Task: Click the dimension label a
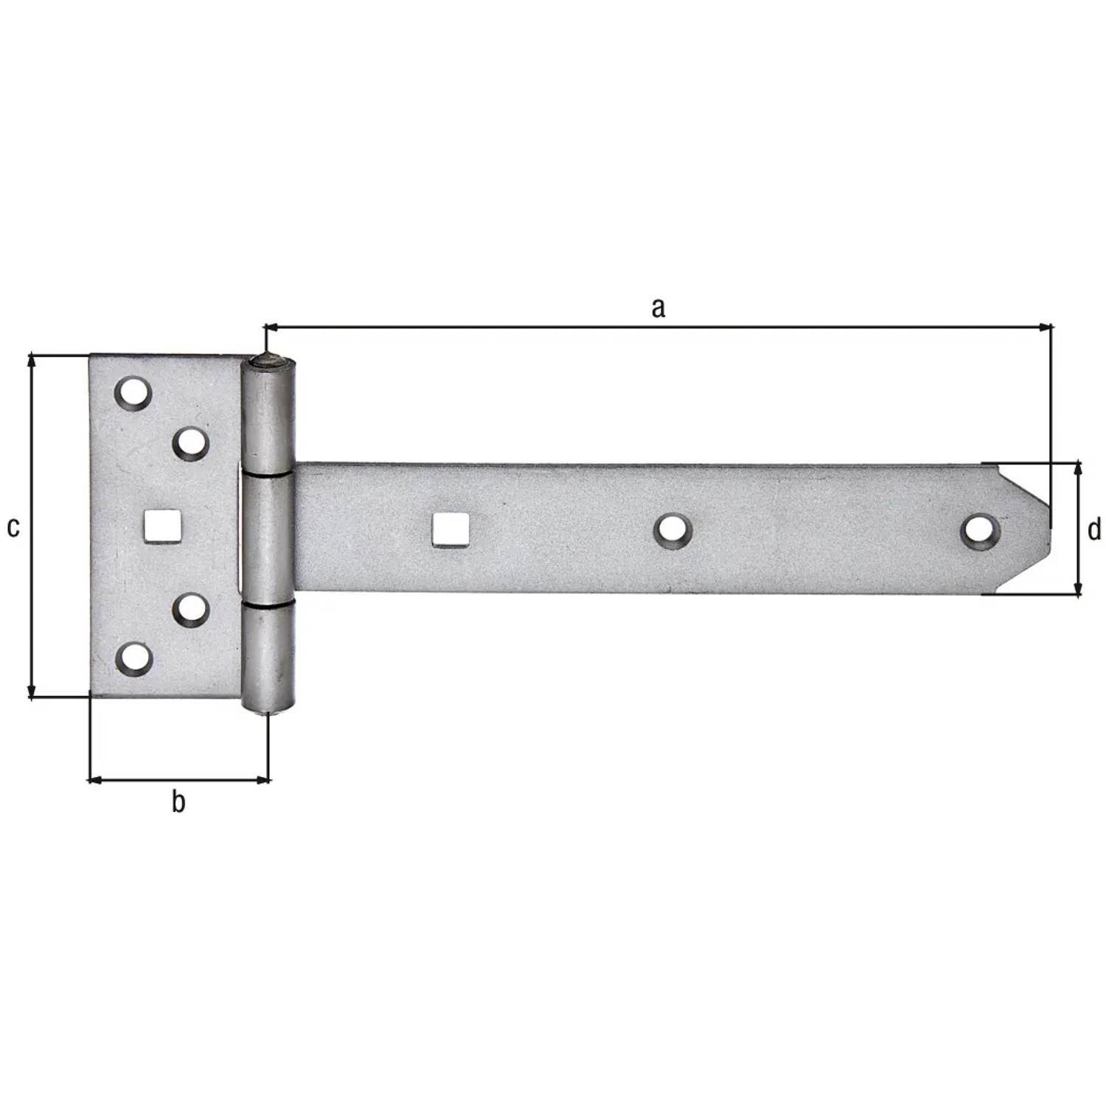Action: click(658, 307)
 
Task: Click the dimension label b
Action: click(178, 801)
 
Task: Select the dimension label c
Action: click(13, 527)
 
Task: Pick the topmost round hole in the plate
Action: click(133, 393)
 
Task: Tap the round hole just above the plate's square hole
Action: click(191, 443)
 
